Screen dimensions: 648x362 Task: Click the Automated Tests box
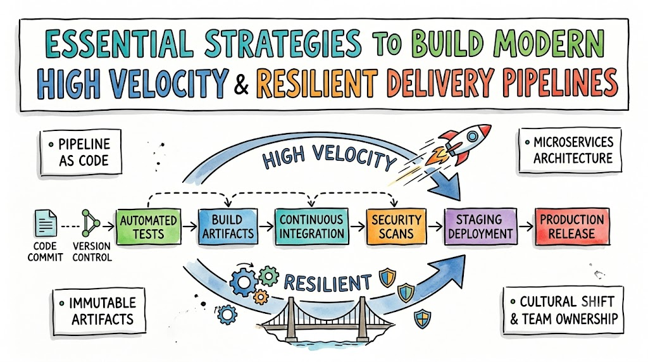tap(149, 227)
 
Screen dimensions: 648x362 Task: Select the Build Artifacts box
tap(228, 226)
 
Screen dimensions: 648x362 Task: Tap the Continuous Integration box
tap(311, 226)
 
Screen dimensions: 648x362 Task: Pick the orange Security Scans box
tap(396, 227)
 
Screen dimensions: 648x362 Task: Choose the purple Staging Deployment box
tap(480, 227)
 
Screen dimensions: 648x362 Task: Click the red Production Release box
tap(572, 227)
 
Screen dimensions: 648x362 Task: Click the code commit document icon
tap(46, 223)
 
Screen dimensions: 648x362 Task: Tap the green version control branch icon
tap(90, 223)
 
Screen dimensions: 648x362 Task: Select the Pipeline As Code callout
tap(81, 152)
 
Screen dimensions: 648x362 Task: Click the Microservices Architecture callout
tap(570, 151)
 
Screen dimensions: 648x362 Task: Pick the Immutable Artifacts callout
tap(99, 311)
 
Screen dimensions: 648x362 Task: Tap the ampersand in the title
tap(241, 83)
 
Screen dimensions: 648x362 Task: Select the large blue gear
tap(243, 282)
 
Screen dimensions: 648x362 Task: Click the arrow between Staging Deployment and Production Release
tap(526, 227)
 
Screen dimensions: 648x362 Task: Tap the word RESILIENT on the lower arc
tap(327, 283)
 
